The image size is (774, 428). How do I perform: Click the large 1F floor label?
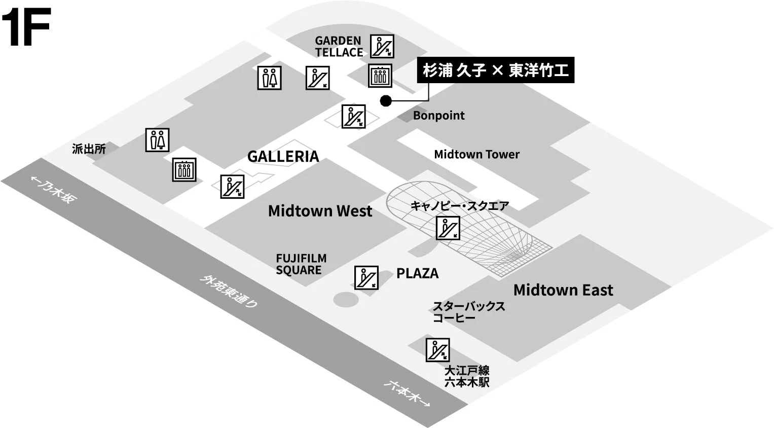point(26,27)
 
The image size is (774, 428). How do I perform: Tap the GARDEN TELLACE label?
point(339,46)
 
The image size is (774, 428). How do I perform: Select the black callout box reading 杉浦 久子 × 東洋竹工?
point(495,70)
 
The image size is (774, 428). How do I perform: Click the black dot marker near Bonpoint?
point(386,101)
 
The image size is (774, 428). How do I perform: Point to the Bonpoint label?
point(438,116)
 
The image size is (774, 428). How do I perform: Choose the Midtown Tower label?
point(476,154)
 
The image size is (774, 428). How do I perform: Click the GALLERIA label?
point(283,157)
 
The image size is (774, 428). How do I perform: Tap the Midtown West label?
point(320,211)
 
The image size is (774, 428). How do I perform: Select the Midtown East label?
point(563,290)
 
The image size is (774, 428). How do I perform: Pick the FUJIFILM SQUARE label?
point(301,264)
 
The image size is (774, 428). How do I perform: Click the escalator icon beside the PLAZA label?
point(366,277)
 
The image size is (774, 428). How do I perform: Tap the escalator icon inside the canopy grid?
point(448,228)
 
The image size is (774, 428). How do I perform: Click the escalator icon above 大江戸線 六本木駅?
point(437,350)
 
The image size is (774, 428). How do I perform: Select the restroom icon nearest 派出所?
point(157,140)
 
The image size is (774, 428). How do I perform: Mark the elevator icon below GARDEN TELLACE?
point(380,76)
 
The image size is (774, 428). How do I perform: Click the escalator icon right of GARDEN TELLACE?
point(382,46)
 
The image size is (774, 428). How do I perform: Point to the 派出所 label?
point(89,149)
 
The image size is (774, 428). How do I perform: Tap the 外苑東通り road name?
point(229,291)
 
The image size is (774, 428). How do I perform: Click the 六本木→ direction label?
point(407,393)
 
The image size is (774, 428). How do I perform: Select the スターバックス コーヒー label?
point(468,312)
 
